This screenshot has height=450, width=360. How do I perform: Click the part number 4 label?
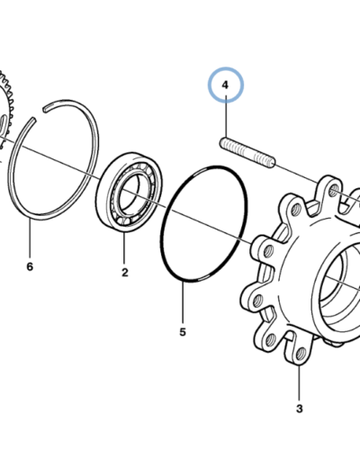(225, 85)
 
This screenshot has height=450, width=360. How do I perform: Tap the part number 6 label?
(30, 266)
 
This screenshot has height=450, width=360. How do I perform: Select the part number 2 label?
(125, 273)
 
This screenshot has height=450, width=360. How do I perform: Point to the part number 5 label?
(183, 332)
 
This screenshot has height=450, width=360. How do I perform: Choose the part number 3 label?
(300, 409)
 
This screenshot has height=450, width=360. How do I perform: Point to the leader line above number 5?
(183, 302)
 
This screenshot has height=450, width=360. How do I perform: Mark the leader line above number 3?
(299, 382)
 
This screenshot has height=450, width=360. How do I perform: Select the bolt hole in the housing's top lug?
(333, 190)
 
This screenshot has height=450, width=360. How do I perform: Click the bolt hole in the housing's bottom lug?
(301, 355)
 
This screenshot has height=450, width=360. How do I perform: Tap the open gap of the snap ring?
(40, 113)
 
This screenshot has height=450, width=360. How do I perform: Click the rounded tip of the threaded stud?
(272, 163)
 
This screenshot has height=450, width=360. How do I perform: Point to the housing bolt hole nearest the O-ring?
(269, 250)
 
